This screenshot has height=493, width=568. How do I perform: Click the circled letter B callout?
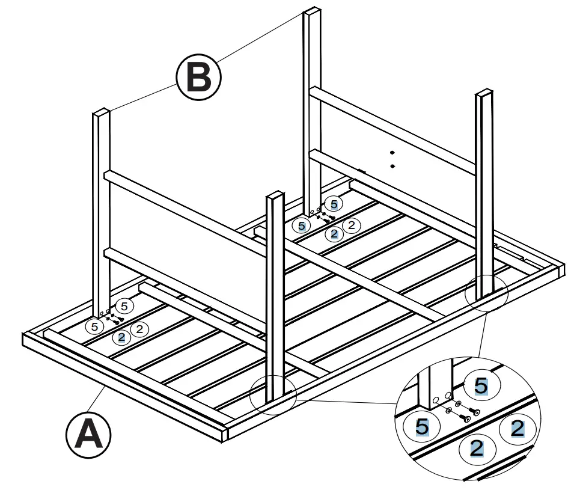pos(198,76)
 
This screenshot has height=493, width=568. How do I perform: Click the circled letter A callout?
pos(88,433)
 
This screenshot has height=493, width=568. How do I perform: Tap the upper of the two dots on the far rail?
pos(391,153)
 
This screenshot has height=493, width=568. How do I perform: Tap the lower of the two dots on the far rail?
pos(391,165)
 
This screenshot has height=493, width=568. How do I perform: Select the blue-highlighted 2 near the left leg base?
pos(121,337)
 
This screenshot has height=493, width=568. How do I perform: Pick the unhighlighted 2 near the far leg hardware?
pos(352,225)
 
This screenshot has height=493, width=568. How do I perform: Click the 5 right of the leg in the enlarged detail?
pos(481,387)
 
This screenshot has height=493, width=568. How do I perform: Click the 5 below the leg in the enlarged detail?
pos(422,427)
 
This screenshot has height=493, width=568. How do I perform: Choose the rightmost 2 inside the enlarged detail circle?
pos(516,429)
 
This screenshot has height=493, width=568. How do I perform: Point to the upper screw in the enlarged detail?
pos(474,412)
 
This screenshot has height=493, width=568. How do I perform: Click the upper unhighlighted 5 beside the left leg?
pos(124,305)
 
